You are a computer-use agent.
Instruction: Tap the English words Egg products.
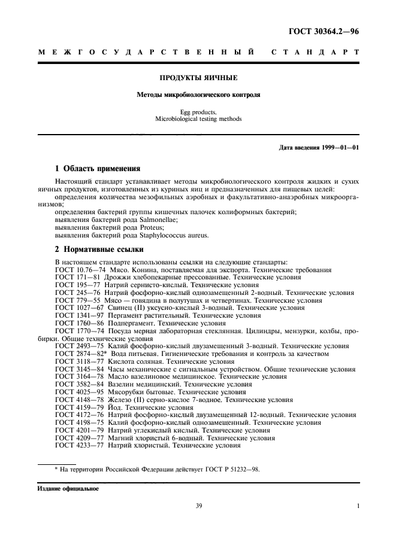point(199,112)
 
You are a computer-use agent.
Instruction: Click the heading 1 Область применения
point(97,169)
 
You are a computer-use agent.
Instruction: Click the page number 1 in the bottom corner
point(358,506)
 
